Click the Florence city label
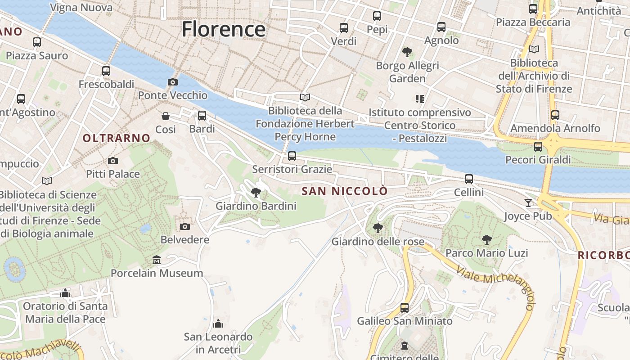tap(224, 30)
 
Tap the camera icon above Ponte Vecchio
tap(172, 82)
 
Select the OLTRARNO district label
tap(116, 138)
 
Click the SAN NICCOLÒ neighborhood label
tap(344, 191)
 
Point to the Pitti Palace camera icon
tap(113, 161)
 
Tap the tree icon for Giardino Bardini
tap(256, 193)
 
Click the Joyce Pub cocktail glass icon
tap(528, 203)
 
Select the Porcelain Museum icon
tap(157, 260)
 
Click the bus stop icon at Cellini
tap(469, 179)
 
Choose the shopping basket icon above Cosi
tap(166, 116)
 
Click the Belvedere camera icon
tap(184, 226)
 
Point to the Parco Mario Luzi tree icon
tap(486, 239)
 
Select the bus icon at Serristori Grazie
tap(292, 156)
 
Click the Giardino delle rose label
tap(378, 242)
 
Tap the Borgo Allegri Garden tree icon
tap(407, 52)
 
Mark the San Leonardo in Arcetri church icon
tap(218, 324)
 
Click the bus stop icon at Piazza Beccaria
tap(533, 9)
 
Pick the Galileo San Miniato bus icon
tap(405, 308)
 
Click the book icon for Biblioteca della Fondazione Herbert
tap(305, 97)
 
